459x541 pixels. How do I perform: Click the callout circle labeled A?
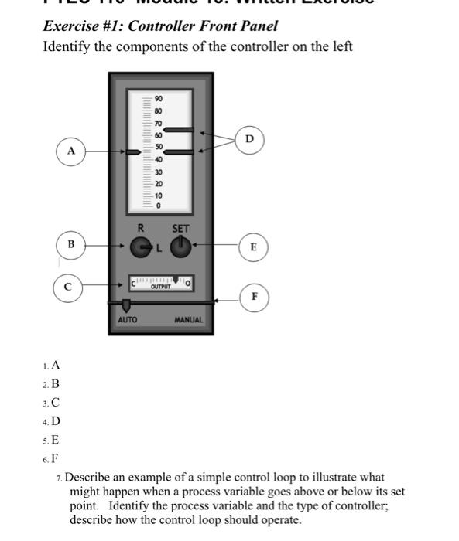70,151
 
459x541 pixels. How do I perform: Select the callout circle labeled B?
70,244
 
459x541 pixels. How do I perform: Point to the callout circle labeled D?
248,138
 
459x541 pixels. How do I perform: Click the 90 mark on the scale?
159,100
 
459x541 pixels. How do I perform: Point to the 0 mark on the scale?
158,206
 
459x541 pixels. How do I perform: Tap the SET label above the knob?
180,229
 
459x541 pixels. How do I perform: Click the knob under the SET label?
180,246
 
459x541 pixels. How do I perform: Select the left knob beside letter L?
140,247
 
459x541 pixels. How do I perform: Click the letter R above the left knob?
140,229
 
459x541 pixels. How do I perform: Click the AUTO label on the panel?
127,319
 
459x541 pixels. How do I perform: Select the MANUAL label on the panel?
188,319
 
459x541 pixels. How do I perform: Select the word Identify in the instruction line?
67,46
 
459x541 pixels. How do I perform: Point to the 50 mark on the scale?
159,147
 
